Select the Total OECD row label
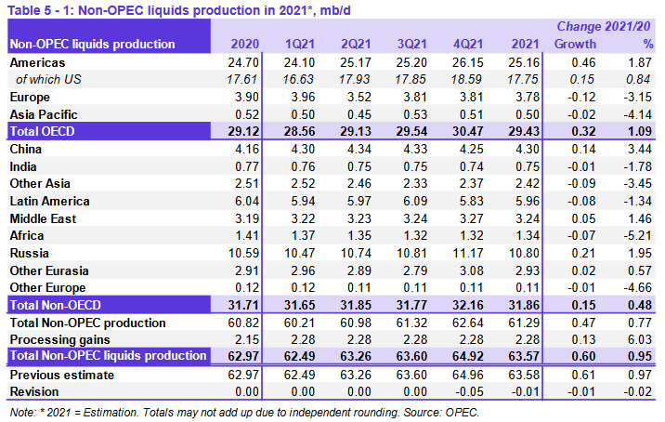42,131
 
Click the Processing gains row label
57,339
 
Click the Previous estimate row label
61,375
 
